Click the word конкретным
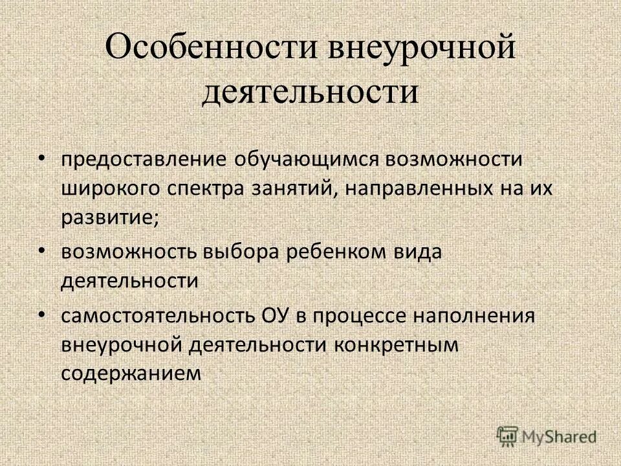(x=396, y=344)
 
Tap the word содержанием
(x=128, y=373)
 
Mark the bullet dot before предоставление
(x=41, y=158)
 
